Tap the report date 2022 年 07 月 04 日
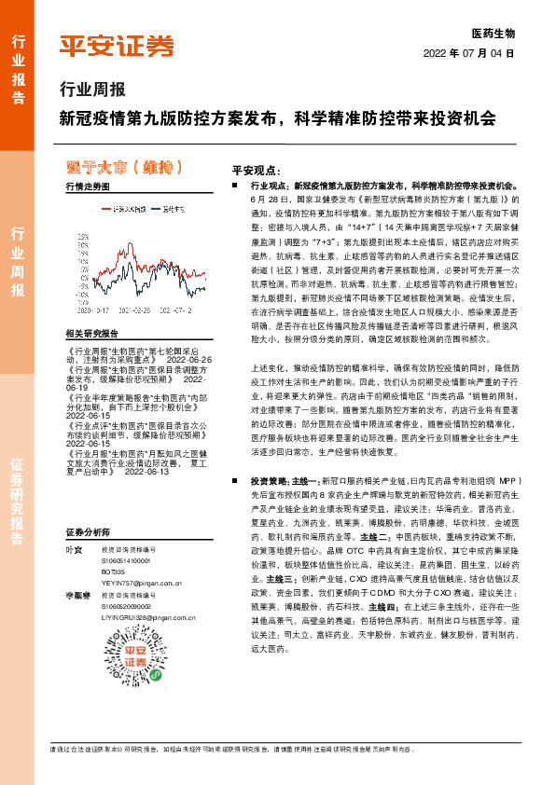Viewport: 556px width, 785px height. (469, 53)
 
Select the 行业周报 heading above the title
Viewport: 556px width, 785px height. (91, 91)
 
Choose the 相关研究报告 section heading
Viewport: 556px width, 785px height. (92, 334)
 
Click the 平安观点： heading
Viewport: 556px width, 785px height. (256, 172)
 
